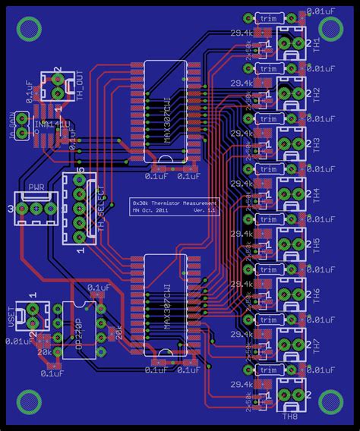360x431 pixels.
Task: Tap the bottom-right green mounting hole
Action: tap(331, 401)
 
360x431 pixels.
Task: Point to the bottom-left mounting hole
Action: tap(30, 401)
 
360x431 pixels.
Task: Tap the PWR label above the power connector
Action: tap(36, 187)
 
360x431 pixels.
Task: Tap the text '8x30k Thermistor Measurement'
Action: tap(174, 203)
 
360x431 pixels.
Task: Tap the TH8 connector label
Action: tap(290, 416)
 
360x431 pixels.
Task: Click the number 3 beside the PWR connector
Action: tap(9, 209)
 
